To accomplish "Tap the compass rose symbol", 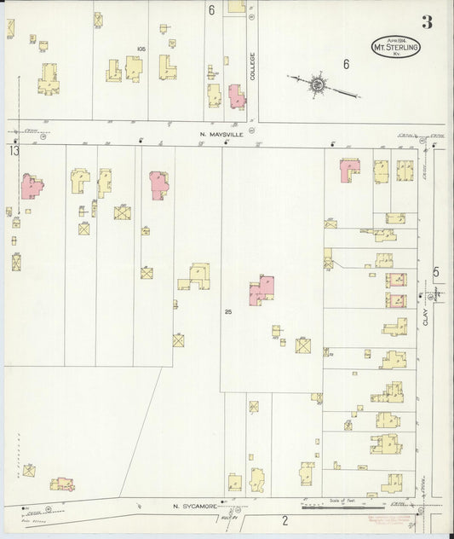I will [316, 84].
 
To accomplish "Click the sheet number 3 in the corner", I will [426, 22].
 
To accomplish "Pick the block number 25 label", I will [227, 312].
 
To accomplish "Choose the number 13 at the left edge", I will [13, 151].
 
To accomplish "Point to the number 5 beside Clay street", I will [435, 273].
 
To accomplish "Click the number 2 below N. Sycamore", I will [285, 519].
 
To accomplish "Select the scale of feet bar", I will [336, 507].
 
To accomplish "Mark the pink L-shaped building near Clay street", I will [349, 170].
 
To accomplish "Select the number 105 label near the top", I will [141, 49].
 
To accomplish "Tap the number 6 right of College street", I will [346, 64].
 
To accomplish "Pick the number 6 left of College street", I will [210, 11].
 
